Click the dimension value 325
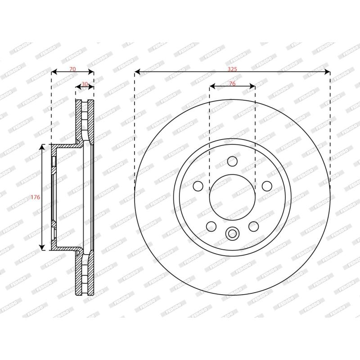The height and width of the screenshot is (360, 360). click(x=232, y=69)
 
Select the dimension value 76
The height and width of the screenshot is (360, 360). click(x=232, y=84)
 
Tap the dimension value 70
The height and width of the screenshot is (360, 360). click(x=72, y=69)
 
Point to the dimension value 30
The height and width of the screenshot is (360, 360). click(x=85, y=84)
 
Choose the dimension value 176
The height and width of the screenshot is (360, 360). click(x=36, y=197)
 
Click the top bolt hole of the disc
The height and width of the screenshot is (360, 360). click(x=232, y=161)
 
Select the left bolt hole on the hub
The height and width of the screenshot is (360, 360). click(x=198, y=186)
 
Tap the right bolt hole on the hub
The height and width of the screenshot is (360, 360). click(x=267, y=186)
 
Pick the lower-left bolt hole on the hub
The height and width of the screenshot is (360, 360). click(x=211, y=226)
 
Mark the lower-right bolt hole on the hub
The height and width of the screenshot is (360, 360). click(x=253, y=226)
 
